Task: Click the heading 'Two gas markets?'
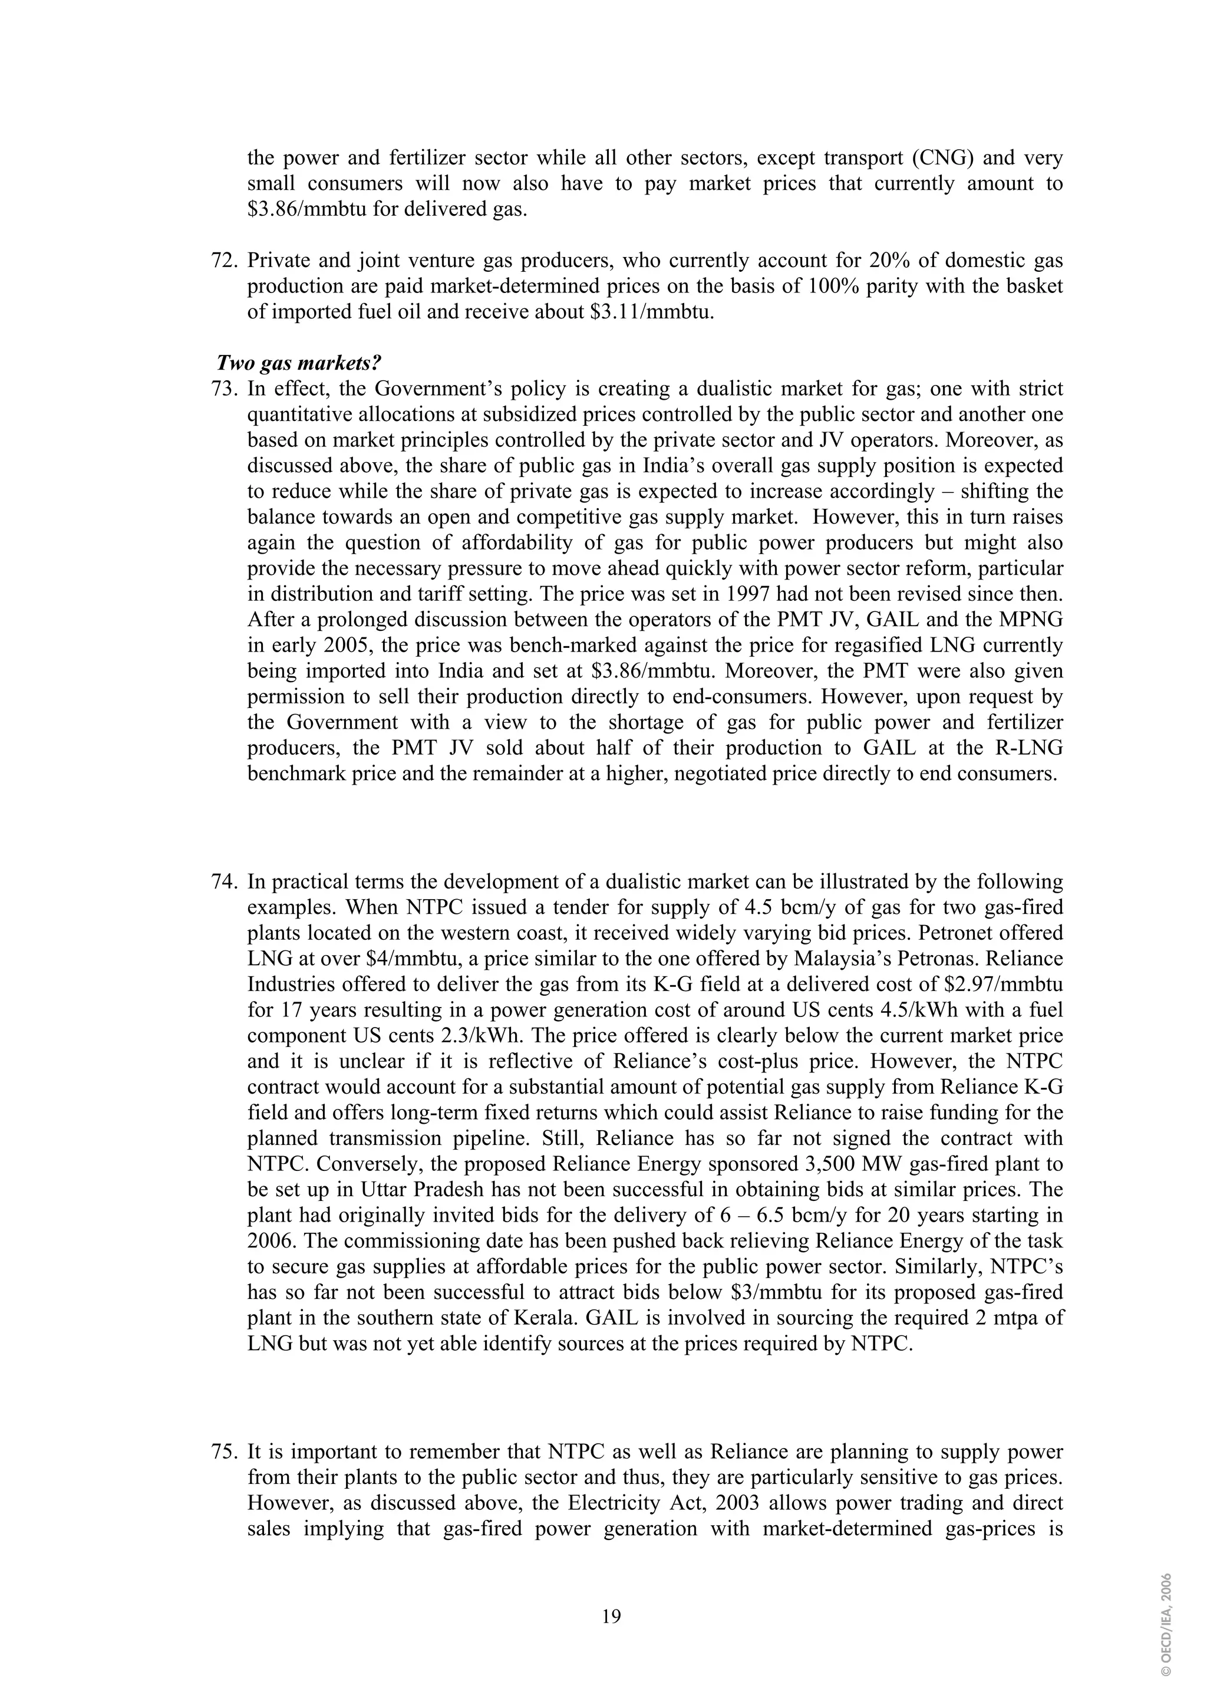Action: tap(298, 363)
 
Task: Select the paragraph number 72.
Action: tap(224, 261)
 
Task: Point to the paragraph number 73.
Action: tap(224, 389)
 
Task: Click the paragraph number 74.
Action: tap(224, 881)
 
